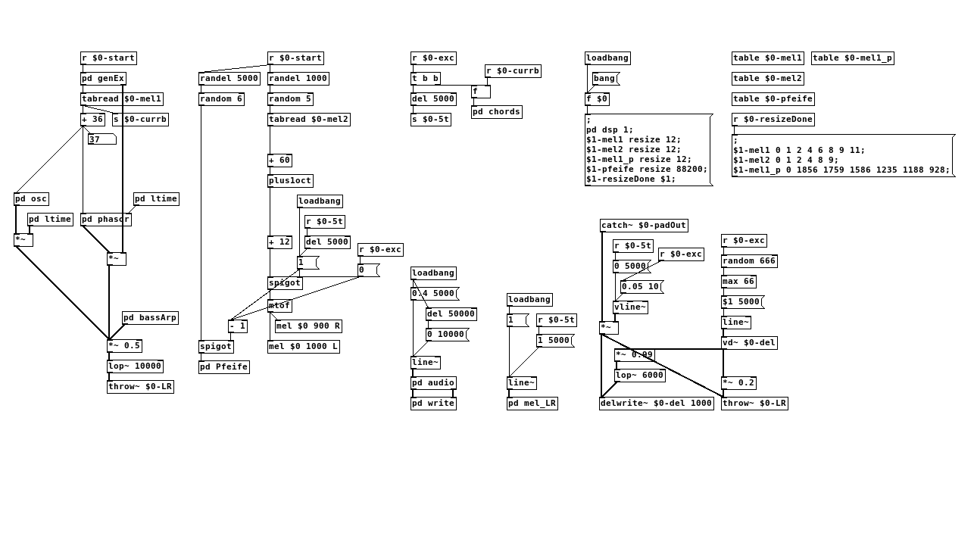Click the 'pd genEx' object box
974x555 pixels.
[x=103, y=79]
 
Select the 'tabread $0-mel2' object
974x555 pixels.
[x=308, y=120]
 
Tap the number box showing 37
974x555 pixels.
[x=101, y=139]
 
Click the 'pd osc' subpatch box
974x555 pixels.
[x=31, y=199]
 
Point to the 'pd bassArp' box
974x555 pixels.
[x=150, y=318]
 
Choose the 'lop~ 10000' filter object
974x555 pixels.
[x=135, y=366]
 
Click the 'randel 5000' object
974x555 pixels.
[x=229, y=79]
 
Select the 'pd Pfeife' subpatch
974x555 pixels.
[x=223, y=367]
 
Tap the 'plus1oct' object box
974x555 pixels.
[x=290, y=181]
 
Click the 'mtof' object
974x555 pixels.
[x=279, y=306]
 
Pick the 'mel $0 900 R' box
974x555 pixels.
[x=308, y=326]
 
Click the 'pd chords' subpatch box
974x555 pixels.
[x=496, y=112]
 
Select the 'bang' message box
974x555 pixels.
[x=605, y=79]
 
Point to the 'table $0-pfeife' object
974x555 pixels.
[x=773, y=99]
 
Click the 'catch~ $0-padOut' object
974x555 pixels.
[x=644, y=226]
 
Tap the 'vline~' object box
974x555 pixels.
[x=630, y=307]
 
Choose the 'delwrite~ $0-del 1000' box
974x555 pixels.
[x=656, y=404]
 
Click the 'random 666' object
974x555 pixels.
[x=749, y=261]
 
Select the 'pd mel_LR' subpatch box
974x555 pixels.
[x=532, y=404]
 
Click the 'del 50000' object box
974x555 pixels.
[x=451, y=314]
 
